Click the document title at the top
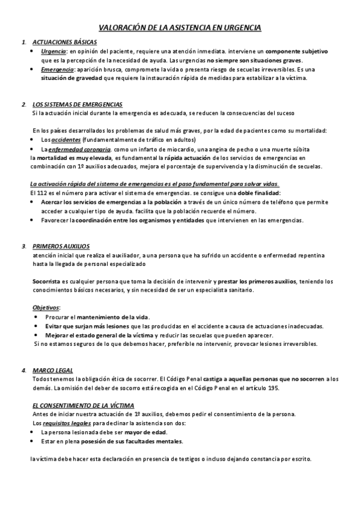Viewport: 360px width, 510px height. [x=180, y=28]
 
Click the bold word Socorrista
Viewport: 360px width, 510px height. [x=47, y=281]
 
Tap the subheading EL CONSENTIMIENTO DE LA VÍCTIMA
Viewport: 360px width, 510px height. [x=83, y=406]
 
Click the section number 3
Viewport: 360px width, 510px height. [x=23, y=246]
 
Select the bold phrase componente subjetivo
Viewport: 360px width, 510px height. [x=296, y=52]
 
